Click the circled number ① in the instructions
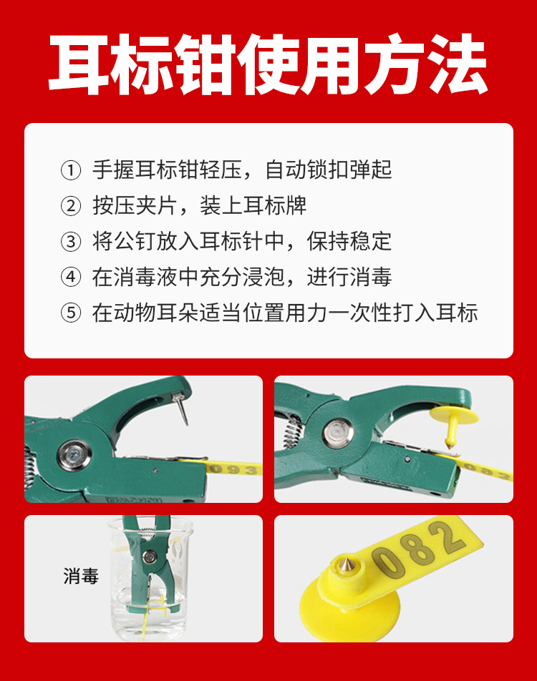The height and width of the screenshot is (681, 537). [71, 170]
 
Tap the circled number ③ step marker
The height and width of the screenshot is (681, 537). [71, 242]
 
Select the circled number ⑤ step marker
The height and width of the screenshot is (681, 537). [71, 313]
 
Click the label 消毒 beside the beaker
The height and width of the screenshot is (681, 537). [82, 577]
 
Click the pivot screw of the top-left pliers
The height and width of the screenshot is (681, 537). [74, 455]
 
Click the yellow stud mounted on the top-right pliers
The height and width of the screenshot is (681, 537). [453, 423]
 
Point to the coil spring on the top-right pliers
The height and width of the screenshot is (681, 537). [292, 433]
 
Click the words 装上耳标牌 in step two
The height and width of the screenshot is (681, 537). [253, 206]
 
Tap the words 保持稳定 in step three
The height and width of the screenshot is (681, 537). [349, 242]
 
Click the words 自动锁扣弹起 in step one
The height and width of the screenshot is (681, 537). [329, 170]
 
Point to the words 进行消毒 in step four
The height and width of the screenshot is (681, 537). [349, 277]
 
